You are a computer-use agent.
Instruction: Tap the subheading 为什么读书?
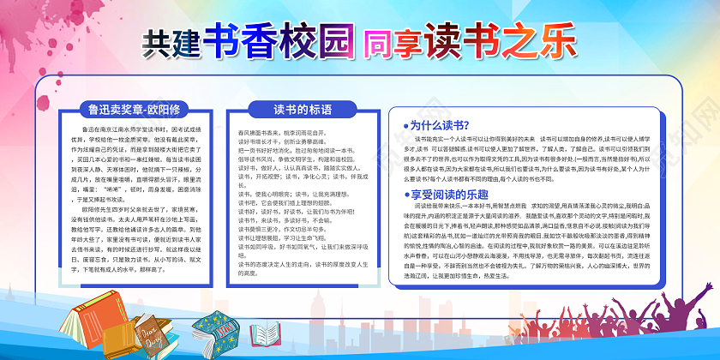(438, 125)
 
